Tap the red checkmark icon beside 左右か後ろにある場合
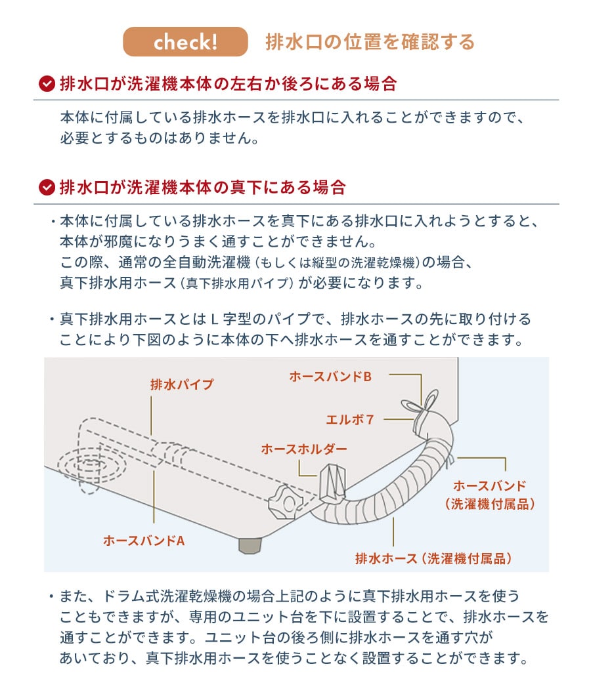point(47,84)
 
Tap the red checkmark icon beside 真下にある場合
point(47,188)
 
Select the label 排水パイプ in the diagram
point(182,385)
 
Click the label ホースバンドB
point(330,377)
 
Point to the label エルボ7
point(350,419)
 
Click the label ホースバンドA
point(144,541)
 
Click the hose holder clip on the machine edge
point(334,482)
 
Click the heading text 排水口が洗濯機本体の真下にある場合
point(202,188)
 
